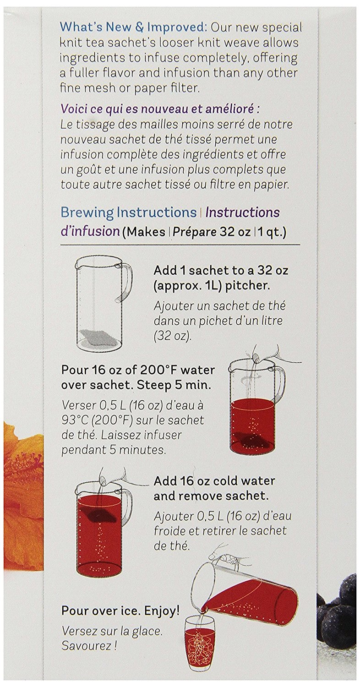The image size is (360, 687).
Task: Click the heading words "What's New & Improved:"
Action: tap(133, 27)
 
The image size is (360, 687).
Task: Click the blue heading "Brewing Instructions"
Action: tap(129, 212)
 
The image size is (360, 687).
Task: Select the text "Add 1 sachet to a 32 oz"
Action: tap(221, 271)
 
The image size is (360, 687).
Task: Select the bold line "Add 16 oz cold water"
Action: tap(214, 480)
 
